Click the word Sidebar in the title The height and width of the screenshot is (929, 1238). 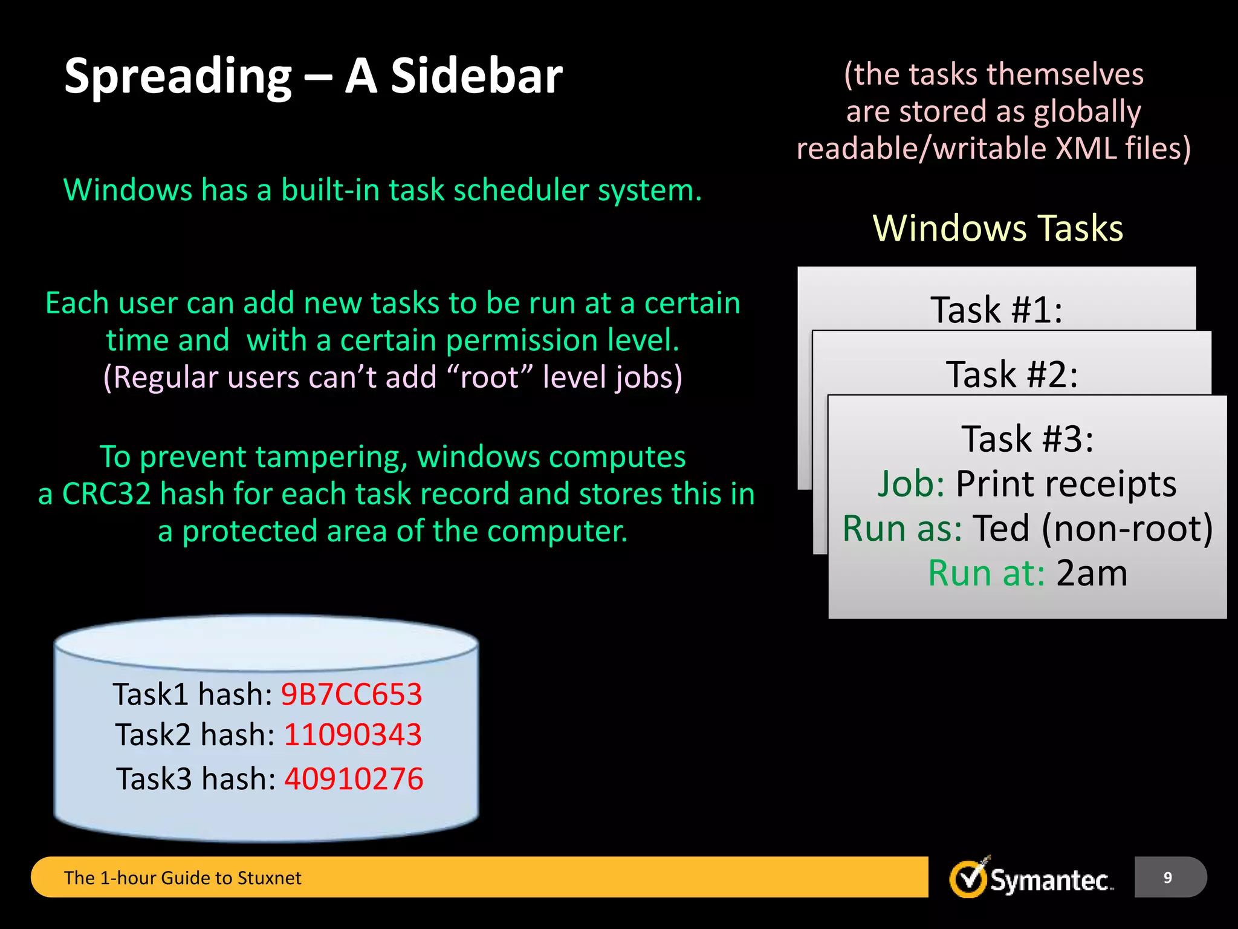pos(476,76)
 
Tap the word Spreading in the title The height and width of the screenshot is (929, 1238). pos(178,77)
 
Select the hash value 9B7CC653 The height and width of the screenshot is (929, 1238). pos(351,694)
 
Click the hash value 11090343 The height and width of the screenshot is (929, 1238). pos(352,735)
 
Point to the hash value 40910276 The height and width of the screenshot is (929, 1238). pos(354,779)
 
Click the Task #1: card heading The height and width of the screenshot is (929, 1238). pos(996,310)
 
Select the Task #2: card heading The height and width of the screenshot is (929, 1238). pos(1012,374)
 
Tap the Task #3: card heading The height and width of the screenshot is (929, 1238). pos(1028,439)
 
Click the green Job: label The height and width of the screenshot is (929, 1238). pos(911,484)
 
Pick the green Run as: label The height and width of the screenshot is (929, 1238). pos(902,529)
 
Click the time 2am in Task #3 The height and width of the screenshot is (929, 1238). pos(1092,573)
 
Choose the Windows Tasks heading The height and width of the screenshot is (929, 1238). pos(998,229)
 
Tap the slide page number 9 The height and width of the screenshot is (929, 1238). pos(1168,878)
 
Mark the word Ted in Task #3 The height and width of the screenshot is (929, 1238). pos(1000,529)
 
